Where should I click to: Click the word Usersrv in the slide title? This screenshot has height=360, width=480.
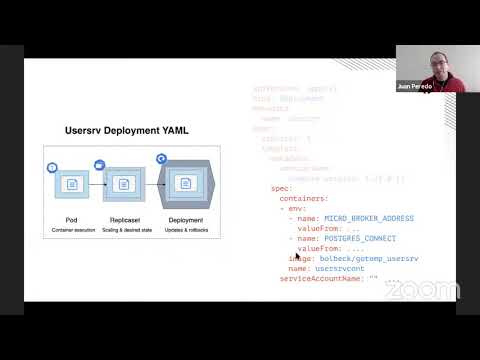[x=82, y=130]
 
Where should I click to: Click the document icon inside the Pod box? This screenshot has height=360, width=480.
[x=72, y=184]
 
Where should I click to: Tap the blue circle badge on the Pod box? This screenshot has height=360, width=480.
[x=52, y=166]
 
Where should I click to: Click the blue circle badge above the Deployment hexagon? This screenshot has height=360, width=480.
[x=160, y=159]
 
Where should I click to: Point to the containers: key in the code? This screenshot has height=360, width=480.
[x=302, y=197]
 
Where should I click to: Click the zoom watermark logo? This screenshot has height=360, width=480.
[x=421, y=291]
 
